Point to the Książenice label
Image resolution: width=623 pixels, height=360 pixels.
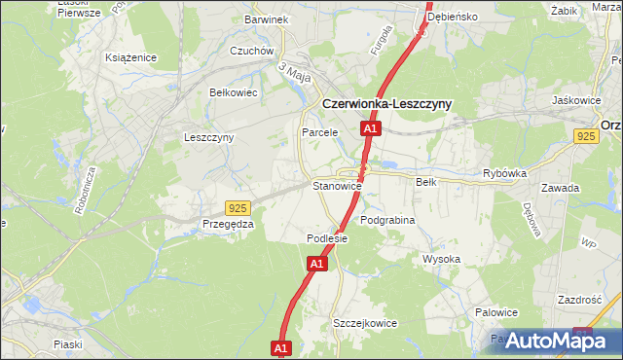[x=131, y=57]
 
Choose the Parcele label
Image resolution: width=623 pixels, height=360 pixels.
[x=319, y=132]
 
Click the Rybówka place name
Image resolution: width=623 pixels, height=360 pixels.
[x=504, y=174]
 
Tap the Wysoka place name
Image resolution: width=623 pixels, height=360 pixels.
[x=441, y=259]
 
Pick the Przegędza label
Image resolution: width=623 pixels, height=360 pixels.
[x=228, y=224]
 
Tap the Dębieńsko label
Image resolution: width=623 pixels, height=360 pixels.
[x=476, y=17]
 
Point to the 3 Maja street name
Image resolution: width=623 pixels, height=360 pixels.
[x=293, y=73]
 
